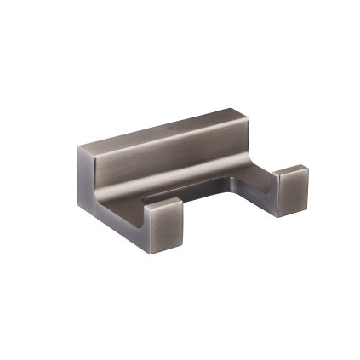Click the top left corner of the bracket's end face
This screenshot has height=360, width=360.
pyautogui.click(x=79, y=146)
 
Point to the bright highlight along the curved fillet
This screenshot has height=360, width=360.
pyautogui.click(x=170, y=182)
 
